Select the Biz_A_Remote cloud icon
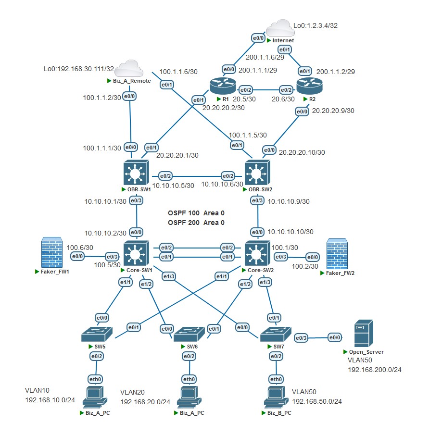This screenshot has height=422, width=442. pyautogui.click(x=127, y=68)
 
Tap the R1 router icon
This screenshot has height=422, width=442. pyautogui.click(x=222, y=87)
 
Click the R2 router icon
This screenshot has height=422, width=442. pyautogui.click(x=309, y=87)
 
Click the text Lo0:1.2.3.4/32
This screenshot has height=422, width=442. pyautogui.click(x=316, y=25)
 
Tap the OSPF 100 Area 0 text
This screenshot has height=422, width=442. pyautogui.click(x=196, y=212)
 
